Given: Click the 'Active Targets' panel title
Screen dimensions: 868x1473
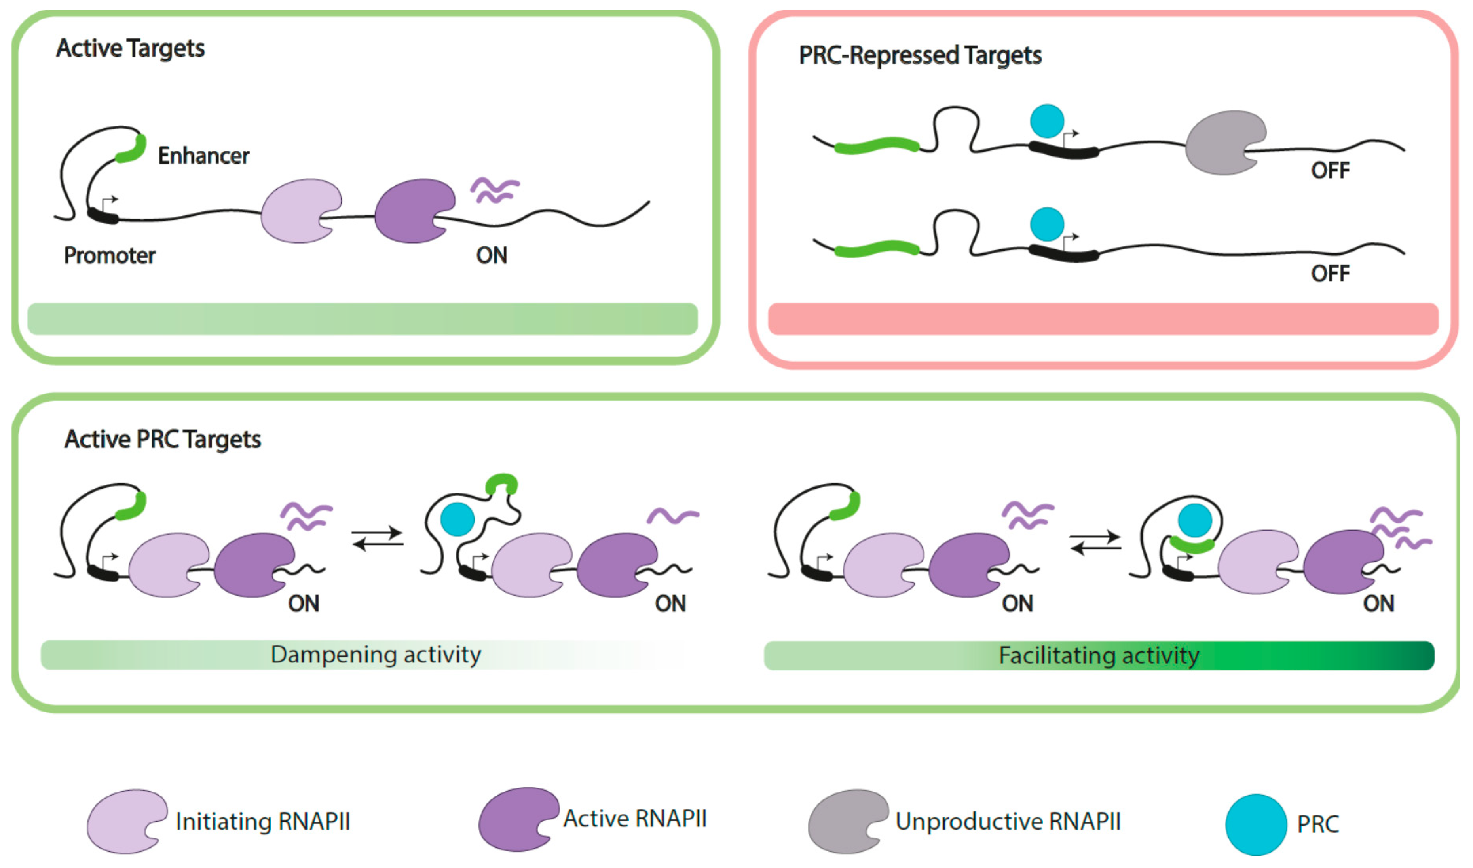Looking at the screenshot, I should [130, 49].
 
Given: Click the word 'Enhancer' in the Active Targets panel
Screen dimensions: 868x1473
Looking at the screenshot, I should [203, 156].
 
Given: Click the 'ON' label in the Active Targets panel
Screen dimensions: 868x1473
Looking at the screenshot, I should [492, 255].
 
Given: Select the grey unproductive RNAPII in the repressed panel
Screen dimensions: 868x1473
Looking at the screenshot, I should [1223, 143].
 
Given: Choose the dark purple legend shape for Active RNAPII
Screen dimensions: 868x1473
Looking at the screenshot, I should [517, 819].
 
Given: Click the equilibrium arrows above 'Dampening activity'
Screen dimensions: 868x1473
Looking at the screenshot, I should [378, 539].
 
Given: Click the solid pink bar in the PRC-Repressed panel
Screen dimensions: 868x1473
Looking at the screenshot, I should [1103, 319].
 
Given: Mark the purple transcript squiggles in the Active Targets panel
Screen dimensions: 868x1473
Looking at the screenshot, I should [495, 190].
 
